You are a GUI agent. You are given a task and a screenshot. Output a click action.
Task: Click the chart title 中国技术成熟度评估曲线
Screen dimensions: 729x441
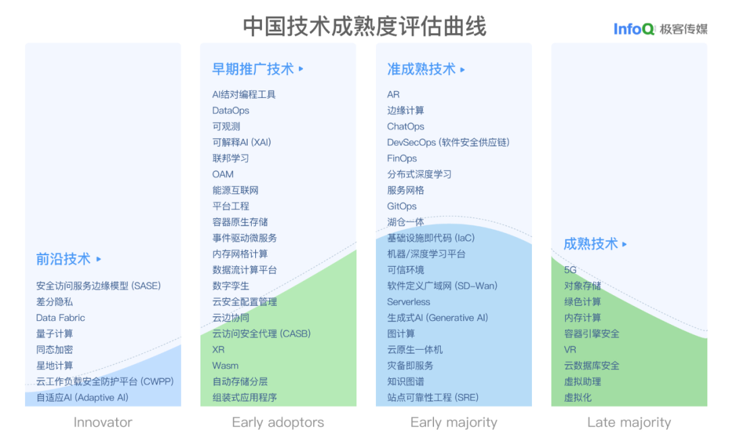(x=364, y=26)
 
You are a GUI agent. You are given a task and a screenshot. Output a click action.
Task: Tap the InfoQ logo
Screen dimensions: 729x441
(x=634, y=29)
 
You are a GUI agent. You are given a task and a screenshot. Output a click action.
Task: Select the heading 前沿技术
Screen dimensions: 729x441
(x=63, y=259)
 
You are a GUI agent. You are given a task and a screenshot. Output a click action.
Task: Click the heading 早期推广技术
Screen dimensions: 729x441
(x=253, y=69)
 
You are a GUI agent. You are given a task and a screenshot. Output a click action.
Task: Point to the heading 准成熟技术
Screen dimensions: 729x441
(x=421, y=69)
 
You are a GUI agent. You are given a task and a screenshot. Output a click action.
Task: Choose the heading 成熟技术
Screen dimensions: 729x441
(x=591, y=244)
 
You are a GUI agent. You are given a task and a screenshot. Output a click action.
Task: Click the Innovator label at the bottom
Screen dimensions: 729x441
(x=103, y=423)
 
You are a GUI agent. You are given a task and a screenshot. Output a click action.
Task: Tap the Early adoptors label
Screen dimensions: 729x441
(x=277, y=423)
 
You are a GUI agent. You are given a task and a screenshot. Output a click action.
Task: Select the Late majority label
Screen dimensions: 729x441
(x=629, y=423)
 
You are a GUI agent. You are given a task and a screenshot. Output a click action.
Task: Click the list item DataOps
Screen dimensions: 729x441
(x=231, y=111)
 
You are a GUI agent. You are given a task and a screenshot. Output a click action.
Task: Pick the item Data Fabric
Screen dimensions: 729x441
(x=61, y=317)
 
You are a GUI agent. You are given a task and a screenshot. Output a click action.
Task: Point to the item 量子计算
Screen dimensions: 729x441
(x=55, y=334)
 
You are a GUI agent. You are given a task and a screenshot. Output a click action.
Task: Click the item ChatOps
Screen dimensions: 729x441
(x=406, y=126)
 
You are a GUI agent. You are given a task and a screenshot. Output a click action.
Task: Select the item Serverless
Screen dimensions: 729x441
(x=408, y=302)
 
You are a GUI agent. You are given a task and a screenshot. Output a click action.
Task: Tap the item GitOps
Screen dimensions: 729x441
(x=402, y=206)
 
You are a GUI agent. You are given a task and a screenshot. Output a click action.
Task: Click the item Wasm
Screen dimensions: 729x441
(x=225, y=365)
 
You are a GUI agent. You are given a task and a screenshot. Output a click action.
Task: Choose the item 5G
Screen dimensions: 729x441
(x=570, y=269)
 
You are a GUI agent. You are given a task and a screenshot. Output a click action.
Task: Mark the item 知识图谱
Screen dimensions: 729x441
(x=406, y=382)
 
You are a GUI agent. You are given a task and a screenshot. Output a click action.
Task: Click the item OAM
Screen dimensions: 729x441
(x=223, y=174)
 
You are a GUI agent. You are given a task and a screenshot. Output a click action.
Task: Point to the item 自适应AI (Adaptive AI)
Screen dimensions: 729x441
(x=82, y=398)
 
